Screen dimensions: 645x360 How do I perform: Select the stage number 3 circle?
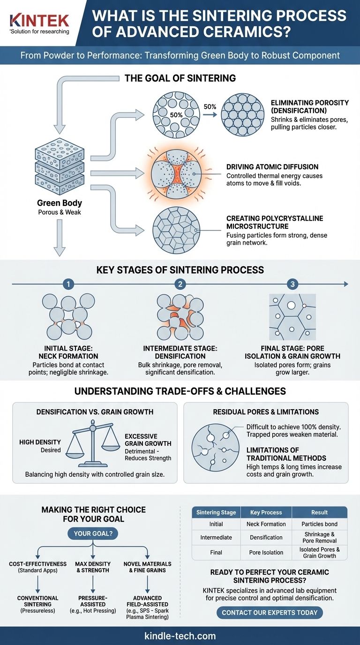(x=292, y=284)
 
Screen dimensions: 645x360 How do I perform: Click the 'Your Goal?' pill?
(x=93, y=533)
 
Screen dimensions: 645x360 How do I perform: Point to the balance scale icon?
(x=92, y=438)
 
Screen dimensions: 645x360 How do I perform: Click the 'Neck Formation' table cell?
(x=266, y=524)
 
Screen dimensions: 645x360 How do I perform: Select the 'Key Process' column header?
(x=266, y=512)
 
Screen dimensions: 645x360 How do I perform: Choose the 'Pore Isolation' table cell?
(x=266, y=552)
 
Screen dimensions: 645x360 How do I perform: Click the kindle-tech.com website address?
(x=180, y=636)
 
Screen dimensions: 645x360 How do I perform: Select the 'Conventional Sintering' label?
(x=37, y=601)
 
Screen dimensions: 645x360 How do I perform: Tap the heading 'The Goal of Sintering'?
(x=180, y=78)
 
